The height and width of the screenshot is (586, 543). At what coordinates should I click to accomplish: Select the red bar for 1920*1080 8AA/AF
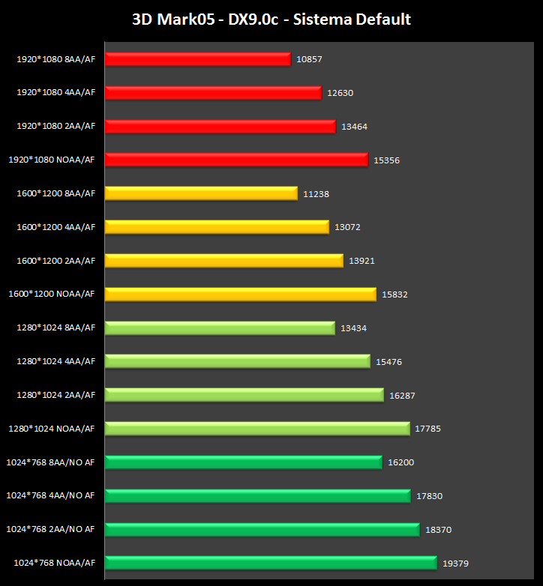(x=197, y=58)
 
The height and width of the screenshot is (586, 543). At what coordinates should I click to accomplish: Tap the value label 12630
(x=340, y=93)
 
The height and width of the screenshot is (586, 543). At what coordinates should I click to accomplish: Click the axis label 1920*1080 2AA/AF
(x=56, y=126)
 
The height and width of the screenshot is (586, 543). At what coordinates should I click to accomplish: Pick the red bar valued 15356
(x=236, y=160)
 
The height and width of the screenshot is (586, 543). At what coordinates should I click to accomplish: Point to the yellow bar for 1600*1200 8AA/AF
(x=201, y=193)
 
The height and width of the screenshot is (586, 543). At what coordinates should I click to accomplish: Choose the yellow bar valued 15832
(x=240, y=294)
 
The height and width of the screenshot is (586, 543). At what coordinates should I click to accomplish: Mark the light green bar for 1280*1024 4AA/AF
(x=237, y=361)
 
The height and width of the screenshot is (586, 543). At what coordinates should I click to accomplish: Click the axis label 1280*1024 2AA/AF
(x=56, y=395)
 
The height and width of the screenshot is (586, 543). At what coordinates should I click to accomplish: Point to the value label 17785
(x=427, y=429)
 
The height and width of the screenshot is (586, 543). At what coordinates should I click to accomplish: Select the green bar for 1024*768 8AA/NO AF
(x=243, y=462)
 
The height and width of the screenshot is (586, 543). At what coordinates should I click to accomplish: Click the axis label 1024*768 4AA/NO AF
(x=51, y=495)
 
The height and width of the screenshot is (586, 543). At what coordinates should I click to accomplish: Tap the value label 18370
(x=438, y=529)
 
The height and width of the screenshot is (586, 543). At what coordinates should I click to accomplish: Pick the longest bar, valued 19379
(x=270, y=563)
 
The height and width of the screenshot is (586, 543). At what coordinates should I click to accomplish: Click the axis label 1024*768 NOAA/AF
(x=54, y=562)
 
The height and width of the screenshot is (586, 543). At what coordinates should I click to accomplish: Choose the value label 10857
(x=309, y=59)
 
